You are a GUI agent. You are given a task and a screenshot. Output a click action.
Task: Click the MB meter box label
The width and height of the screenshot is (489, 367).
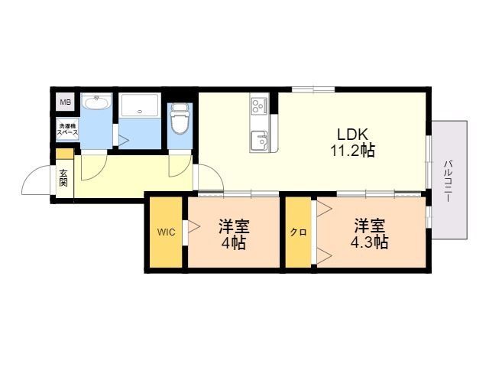pos(65,102)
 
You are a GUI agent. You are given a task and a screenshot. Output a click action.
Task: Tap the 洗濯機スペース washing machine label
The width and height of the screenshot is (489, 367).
pos(67,129)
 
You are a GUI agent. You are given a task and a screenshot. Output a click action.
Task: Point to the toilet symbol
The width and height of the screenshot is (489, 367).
pos(180,119)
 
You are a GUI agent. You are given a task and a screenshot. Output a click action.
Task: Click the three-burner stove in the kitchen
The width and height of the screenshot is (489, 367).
pos(260,106)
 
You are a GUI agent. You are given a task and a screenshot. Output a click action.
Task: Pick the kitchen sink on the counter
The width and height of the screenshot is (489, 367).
pos(260,140)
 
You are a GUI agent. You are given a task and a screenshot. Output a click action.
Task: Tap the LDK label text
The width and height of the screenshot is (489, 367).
pos(353,135)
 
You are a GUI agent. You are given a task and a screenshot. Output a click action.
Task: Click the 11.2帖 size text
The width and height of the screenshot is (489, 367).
pos(352,151)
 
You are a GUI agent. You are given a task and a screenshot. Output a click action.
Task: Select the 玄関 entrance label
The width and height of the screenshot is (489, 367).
pos(63,177)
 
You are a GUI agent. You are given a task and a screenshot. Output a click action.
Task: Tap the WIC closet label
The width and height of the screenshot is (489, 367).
pos(166,232)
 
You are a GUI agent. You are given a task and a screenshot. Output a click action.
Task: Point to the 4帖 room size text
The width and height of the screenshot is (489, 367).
pos(233,243)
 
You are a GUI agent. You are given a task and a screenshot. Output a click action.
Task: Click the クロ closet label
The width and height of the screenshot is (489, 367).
pos(299,232)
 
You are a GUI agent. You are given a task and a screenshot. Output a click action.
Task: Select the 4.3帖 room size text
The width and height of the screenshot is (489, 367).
pos(369,242)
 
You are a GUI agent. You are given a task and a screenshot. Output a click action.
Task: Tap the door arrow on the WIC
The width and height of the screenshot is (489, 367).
pos(193,227)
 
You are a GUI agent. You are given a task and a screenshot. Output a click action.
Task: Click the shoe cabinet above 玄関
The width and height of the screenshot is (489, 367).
pos(65,154)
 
